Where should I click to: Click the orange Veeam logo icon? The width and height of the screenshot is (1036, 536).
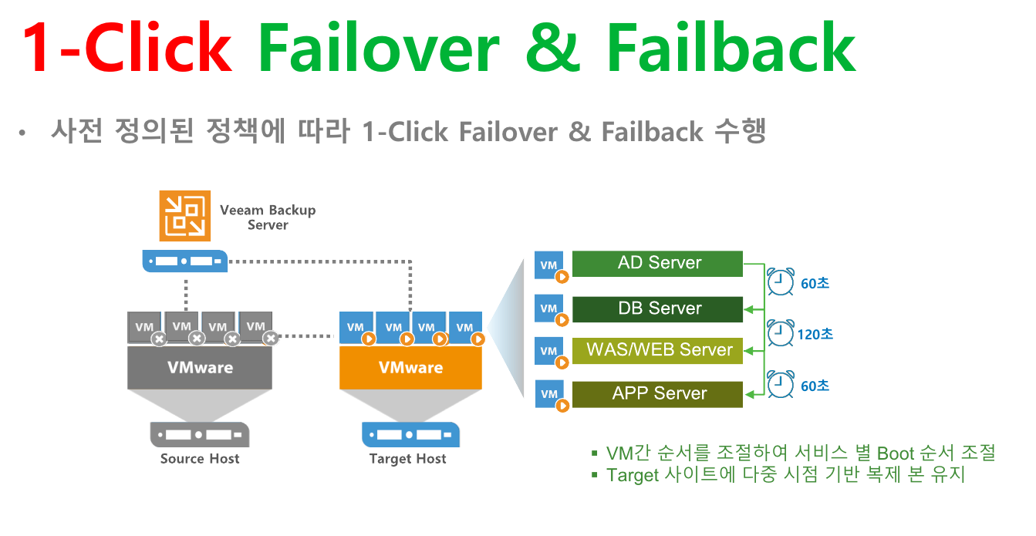(185, 216)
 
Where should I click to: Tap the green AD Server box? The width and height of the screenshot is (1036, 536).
(657, 264)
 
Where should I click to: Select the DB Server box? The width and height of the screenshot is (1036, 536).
(657, 309)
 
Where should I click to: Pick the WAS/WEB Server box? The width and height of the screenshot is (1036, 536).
(657, 351)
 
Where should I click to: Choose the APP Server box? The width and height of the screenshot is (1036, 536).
(657, 394)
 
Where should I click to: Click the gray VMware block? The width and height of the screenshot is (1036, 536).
(200, 368)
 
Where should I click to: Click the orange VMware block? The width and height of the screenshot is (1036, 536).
(410, 368)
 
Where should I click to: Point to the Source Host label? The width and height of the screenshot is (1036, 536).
(200, 459)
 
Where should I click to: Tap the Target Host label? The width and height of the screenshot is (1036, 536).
(407, 459)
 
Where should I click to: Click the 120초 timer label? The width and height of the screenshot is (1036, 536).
(815, 335)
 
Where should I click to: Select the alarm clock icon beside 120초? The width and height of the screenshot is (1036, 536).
(781, 333)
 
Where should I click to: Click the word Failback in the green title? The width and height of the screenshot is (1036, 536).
(731, 48)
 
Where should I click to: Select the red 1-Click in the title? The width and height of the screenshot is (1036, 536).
(127, 47)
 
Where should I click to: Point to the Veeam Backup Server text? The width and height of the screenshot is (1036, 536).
(268, 217)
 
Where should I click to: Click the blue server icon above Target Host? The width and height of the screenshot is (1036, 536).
(410, 435)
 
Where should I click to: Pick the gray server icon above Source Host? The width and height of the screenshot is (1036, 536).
(200, 435)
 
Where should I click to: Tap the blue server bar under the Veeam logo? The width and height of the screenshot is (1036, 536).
(185, 261)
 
